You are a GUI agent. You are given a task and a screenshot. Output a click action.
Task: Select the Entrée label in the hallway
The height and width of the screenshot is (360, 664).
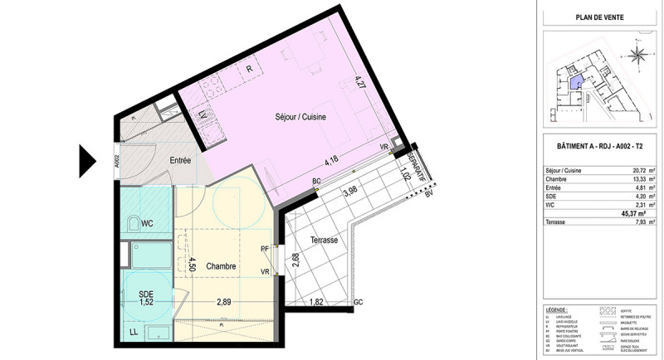[180, 160]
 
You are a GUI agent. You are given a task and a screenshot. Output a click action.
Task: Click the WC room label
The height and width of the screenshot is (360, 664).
[146, 223]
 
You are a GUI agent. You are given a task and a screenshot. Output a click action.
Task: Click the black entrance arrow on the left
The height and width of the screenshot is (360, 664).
[89, 160]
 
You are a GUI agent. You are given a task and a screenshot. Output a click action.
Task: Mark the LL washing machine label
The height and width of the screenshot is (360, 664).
[134, 333]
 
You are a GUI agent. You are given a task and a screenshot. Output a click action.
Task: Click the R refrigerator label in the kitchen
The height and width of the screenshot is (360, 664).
[248, 69]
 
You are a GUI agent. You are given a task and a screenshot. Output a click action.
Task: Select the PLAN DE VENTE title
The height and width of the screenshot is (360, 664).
[599, 17]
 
